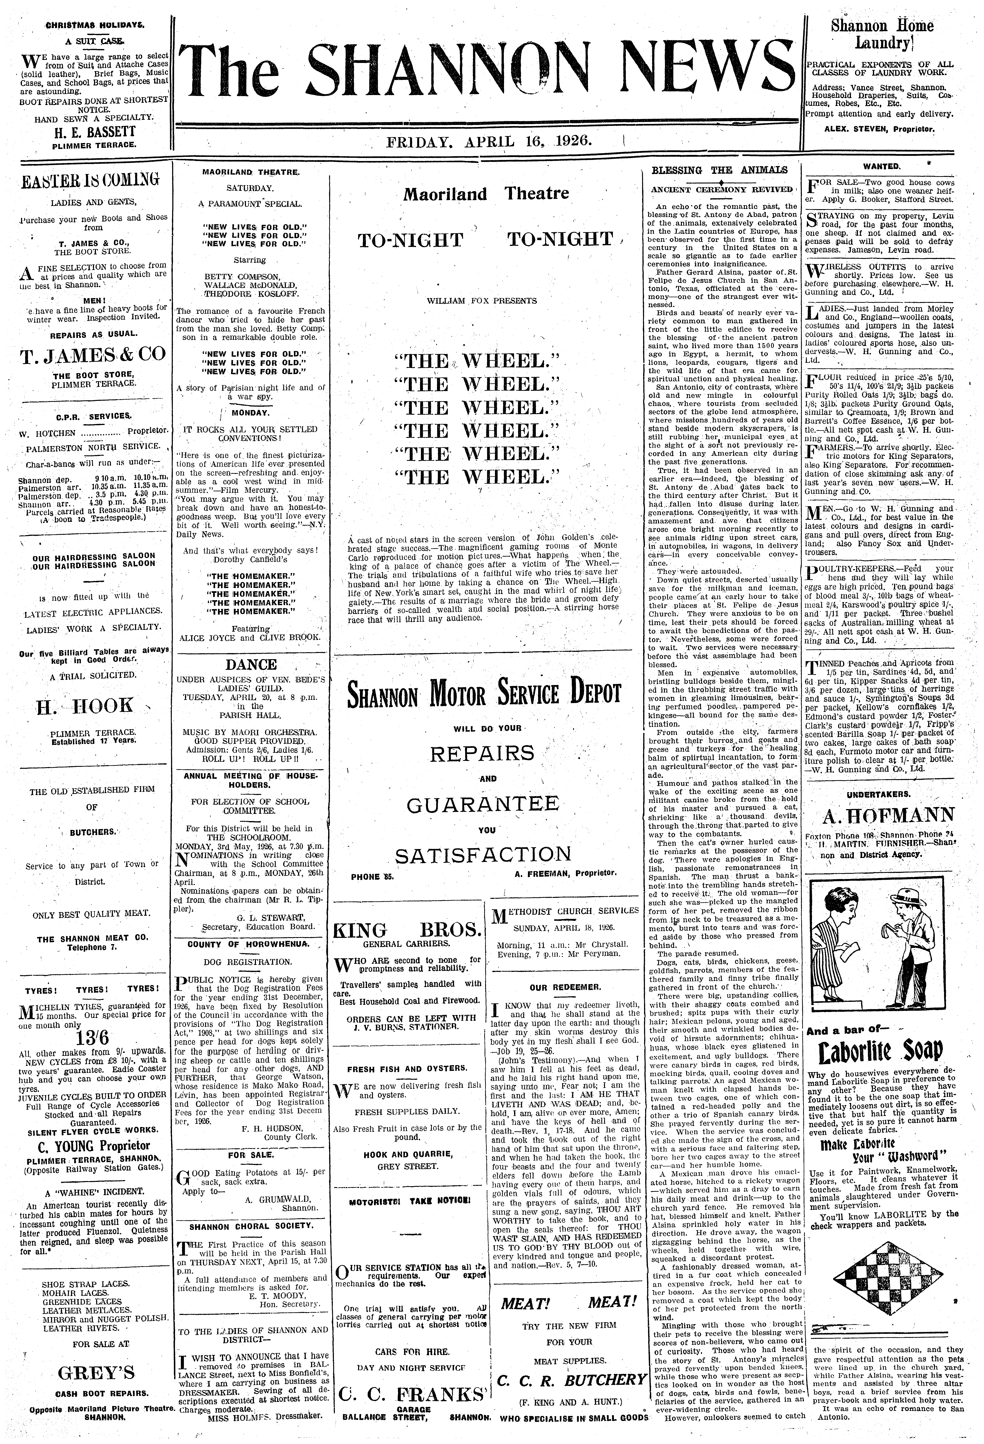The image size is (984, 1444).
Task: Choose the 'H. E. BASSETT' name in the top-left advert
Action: point(94,132)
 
